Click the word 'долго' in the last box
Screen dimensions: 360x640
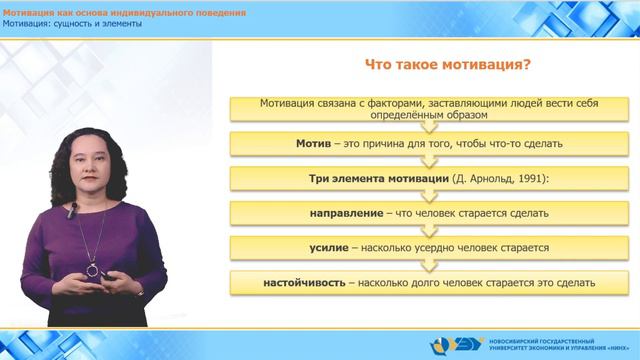coord(425,282)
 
